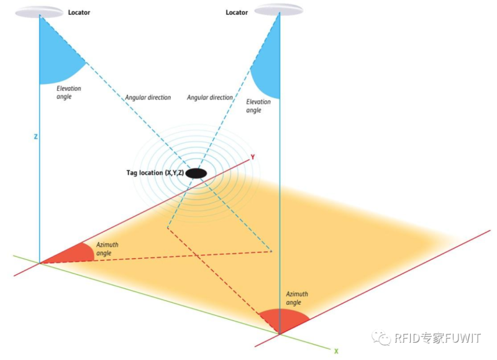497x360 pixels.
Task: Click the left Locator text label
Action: click(x=79, y=12)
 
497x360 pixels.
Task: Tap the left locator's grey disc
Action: click(x=39, y=11)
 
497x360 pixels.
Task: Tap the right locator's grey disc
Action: click(x=279, y=9)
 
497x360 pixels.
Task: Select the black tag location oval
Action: click(x=196, y=173)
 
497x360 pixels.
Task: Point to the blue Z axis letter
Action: click(x=35, y=136)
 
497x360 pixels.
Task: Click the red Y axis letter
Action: click(x=252, y=157)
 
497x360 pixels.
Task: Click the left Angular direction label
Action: click(x=148, y=98)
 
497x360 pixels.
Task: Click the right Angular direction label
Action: click(x=210, y=98)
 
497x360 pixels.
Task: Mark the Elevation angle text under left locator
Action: click(x=68, y=93)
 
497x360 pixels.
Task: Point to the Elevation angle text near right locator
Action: click(x=258, y=106)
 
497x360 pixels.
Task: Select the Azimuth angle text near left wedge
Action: click(x=108, y=249)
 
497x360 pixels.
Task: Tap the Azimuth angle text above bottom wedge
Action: click(x=296, y=298)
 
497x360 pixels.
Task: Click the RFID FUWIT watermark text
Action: click(x=429, y=338)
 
